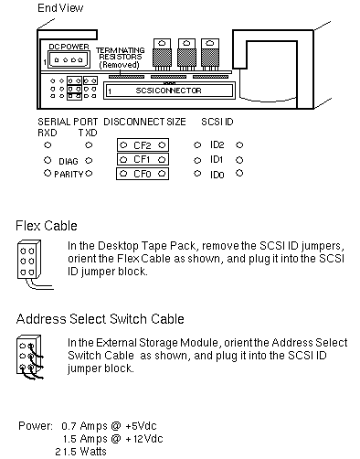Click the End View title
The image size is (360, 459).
[60, 8]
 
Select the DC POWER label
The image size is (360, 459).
[69, 47]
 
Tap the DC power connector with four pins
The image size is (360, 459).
[69, 59]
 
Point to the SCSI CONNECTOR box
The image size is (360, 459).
[169, 91]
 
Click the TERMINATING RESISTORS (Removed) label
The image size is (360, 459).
[121, 58]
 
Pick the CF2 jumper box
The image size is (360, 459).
[143, 145]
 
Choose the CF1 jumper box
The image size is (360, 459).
[143, 159]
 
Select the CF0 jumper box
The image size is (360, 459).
[143, 174]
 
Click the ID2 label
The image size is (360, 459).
[217, 144]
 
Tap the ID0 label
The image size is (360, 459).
[217, 175]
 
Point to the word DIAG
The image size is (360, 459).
[69, 161]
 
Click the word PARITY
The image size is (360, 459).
[69, 174]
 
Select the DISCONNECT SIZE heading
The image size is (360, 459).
[144, 122]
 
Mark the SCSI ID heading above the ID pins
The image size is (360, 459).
[217, 122]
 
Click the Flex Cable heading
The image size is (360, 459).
[47, 226]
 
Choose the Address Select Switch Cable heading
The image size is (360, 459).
[101, 319]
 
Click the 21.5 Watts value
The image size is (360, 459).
[80, 452]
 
